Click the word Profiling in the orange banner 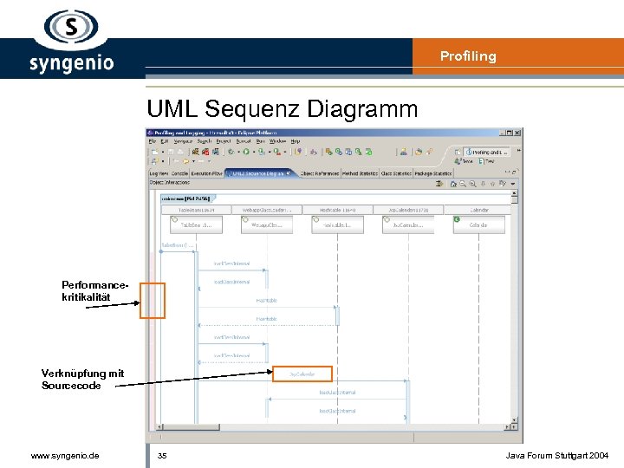coord(468,56)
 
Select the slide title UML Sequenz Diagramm coord(282,109)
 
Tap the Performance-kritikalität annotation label coord(87,290)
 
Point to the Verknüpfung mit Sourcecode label coord(82,380)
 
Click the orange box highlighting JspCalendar coord(302,374)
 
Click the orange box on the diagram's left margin coord(153,301)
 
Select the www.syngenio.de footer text coord(64,455)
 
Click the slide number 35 coord(162,455)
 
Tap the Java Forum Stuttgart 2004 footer coord(557,455)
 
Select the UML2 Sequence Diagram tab coord(258,173)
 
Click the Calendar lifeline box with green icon coord(478,224)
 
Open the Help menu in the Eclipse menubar coord(296,140)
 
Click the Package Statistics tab coord(432,173)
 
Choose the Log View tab coord(159,173)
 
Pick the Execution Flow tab coord(206,173)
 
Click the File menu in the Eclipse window coord(153,140)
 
